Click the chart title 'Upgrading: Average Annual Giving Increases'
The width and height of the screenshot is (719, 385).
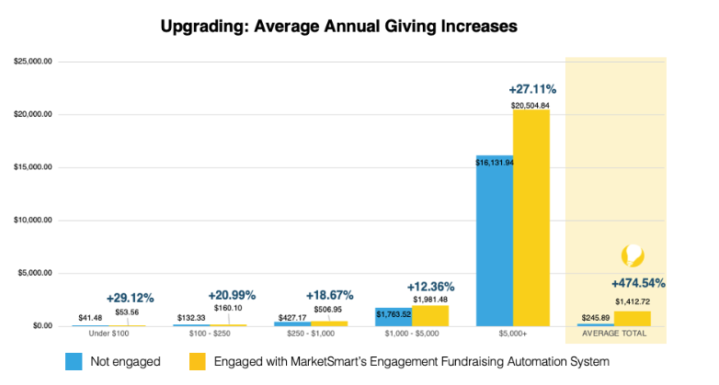[338, 27]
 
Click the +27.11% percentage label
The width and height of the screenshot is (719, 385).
[532, 90]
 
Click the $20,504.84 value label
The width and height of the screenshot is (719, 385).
[531, 106]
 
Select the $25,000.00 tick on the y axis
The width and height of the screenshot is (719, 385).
[32, 62]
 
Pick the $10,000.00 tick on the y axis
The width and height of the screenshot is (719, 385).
[32, 221]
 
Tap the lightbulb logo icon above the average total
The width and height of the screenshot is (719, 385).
[633, 255]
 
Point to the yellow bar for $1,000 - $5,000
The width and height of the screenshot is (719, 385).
[430, 315]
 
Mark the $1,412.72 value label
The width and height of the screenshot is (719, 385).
[633, 301]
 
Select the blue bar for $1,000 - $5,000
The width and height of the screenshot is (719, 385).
[394, 317]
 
